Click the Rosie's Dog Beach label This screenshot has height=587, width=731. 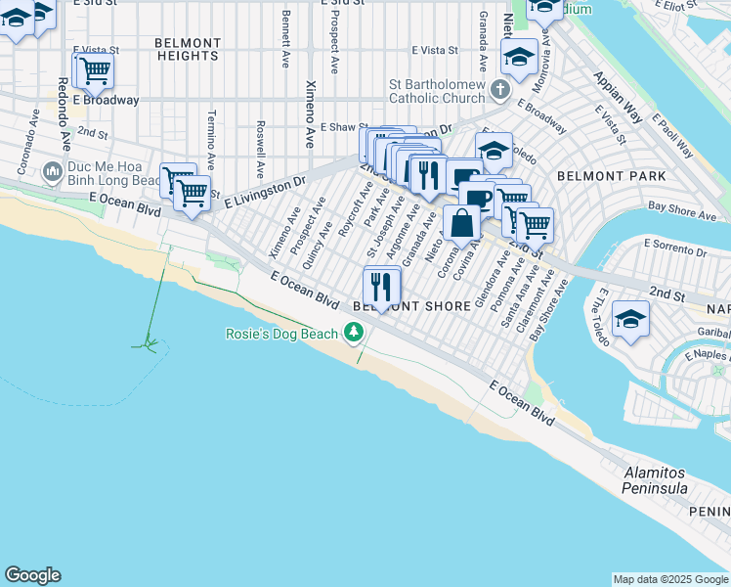(x=281, y=335)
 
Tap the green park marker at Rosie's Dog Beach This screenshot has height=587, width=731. (x=353, y=335)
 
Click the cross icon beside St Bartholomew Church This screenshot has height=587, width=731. (x=500, y=91)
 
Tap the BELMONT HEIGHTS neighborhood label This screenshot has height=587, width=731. (x=187, y=50)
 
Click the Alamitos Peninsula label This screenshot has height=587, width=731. (x=656, y=480)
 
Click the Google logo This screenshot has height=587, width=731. (x=32, y=575)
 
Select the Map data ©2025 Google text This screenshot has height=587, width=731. (x=669, y=579)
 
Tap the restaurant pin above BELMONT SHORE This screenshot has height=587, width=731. (x=381, y=286)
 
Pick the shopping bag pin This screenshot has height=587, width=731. (x=461, y=222)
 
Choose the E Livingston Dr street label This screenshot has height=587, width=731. (x=265, y=192)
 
